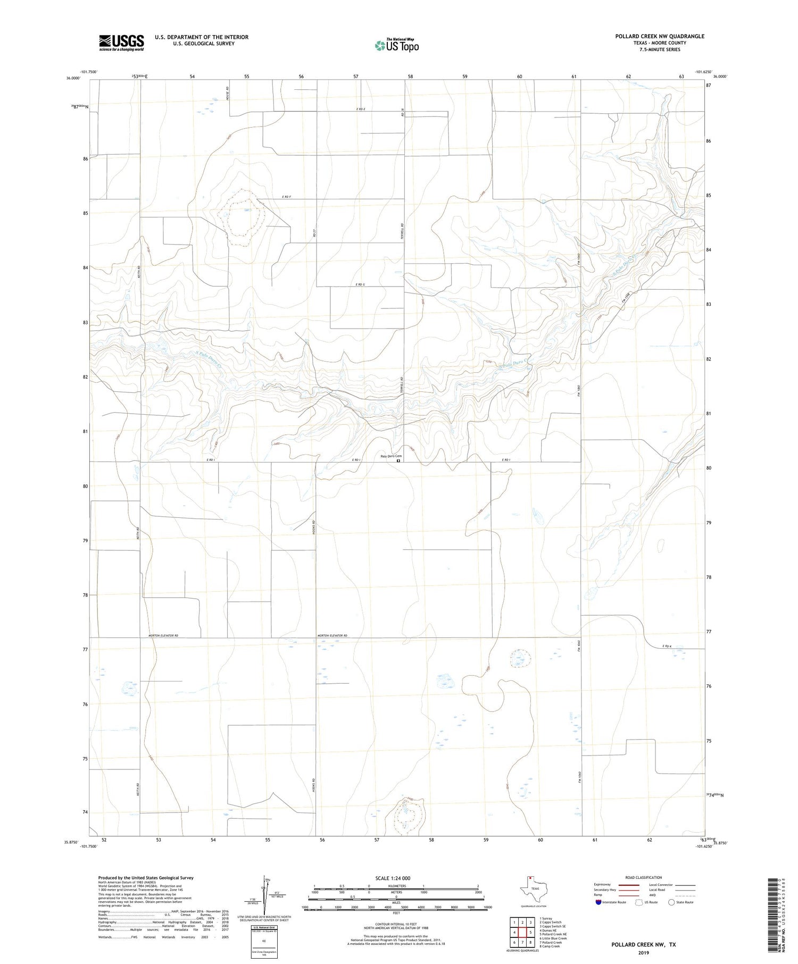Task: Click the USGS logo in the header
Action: (121, 43)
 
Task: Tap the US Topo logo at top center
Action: (396, 45)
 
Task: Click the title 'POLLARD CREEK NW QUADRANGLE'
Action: (659, 36)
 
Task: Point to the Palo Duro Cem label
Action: (390, 456)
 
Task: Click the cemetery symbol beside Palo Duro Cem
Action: (398, 461)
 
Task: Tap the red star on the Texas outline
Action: (530, 878)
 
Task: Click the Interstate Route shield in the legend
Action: (598, 902)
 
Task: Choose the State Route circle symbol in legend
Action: (671, 902)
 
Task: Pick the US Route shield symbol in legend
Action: (639, 902)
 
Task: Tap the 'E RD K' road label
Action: (667, 647)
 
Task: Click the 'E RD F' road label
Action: (286, 197)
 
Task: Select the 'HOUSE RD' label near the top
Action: (227, 94)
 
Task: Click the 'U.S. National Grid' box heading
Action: (264, 927)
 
